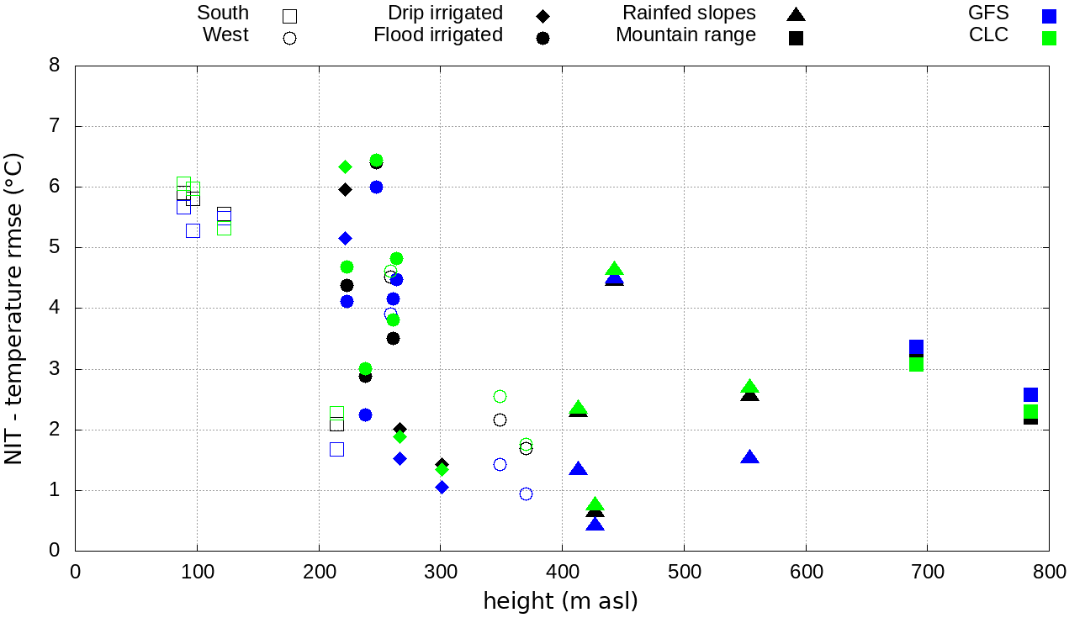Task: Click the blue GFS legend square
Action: point(1049,16)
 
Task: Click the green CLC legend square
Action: point(1049,38)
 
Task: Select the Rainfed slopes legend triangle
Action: point(796,14)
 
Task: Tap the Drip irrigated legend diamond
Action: point(542,16)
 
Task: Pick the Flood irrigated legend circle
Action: point(542,38)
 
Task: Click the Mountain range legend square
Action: point(796,38)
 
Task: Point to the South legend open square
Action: point(289,16)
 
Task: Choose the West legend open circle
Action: point(289,38)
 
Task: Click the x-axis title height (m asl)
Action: point(560,601)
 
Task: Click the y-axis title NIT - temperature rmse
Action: point(14,309)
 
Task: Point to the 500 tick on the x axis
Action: point(684,573)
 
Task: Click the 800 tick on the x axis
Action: point(1049,573)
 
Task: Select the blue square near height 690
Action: point(916,347)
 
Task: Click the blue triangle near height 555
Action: point(749,457)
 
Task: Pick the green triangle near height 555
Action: point(749,387)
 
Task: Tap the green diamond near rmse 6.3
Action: point(345,166)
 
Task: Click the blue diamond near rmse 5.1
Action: point(345,239)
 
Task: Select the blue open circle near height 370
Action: point(526,494)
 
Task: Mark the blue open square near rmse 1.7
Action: point(336,449)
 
